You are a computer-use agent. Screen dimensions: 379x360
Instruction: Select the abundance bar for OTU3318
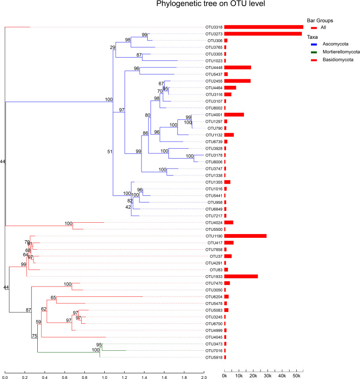(x=263, y=27)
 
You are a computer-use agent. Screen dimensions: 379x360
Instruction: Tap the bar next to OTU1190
(x=245, y=236)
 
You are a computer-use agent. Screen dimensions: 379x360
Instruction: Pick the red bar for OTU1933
(x=241, y=276)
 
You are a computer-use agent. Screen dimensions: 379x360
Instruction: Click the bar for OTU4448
(x=238, y=67)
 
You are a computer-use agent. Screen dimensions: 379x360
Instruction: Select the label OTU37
(x=216, y=256)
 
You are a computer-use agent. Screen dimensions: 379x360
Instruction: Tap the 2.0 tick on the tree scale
(x=204, y=377)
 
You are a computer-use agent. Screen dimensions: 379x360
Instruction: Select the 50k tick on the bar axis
(x=297, y=375)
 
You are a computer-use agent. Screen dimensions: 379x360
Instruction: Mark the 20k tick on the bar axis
(x=253, y=375)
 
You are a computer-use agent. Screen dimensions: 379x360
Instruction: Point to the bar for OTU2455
(x=237, y=81)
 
